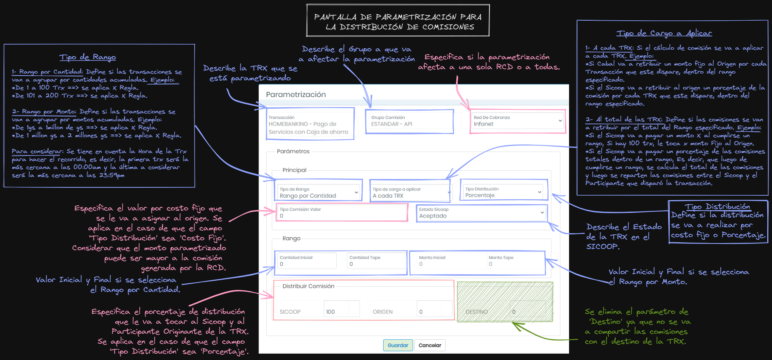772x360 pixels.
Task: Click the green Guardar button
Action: click(398, 345)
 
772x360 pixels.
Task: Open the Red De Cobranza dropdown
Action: click(518, 121)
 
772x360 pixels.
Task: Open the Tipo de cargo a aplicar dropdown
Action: click(411, 193)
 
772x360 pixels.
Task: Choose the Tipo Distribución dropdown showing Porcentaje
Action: click(504, 192)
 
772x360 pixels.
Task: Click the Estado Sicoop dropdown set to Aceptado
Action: click(482, 213)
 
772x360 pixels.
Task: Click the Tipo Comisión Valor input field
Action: click(342, 213)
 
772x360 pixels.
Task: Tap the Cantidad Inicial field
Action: click(307, 261)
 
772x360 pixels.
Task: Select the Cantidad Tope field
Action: click(376, 261)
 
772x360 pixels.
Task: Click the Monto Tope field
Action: click(515, 261)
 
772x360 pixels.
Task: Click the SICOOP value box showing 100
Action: click(342, 309)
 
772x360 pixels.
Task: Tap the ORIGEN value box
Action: click(435, 309)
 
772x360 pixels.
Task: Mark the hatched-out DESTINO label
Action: click(477, 312)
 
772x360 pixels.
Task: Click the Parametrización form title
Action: click(296, 95)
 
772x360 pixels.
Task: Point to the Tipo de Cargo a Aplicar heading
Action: click(664, 33)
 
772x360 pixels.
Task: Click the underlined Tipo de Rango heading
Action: click(88, 57)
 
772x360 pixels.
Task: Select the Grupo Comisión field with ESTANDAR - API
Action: click(409, 121)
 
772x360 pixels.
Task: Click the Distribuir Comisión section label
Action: click(308, 286)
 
